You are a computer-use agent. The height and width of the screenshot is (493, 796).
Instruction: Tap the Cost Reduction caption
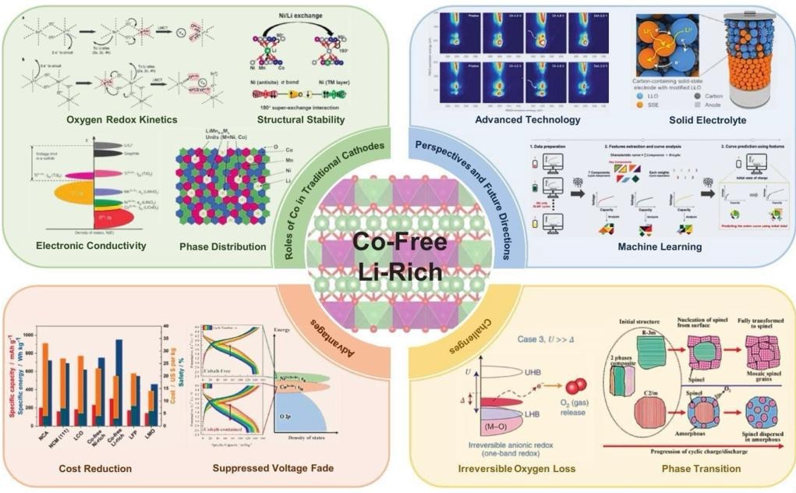pos(95,468)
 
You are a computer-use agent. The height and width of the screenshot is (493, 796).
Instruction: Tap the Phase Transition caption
pos(699,468)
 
